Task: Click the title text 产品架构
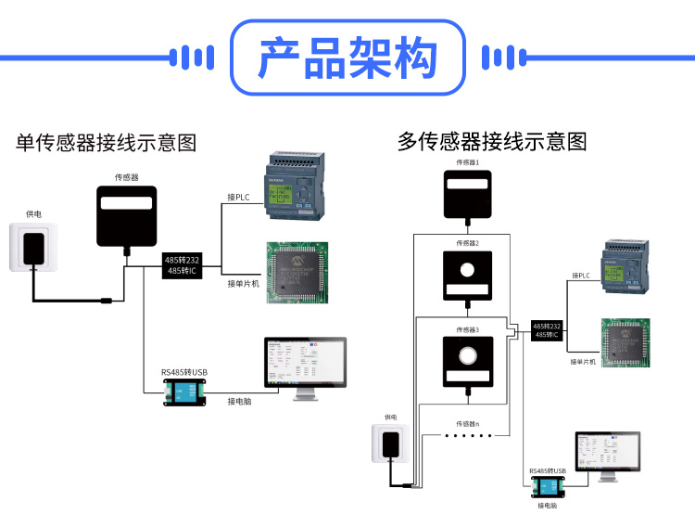[x=347, y=58]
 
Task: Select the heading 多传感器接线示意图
[x=492, y=141]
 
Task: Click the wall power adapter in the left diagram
[x=36, y=247]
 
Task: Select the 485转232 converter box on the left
[x=183, y=265]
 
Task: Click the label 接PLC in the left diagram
[x=239, y=197]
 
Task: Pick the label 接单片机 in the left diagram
[x=244, y=283]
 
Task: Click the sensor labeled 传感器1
[x=467, y=194]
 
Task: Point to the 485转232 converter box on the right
[x=547, y=329]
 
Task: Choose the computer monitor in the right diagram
[x=608, y=454]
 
